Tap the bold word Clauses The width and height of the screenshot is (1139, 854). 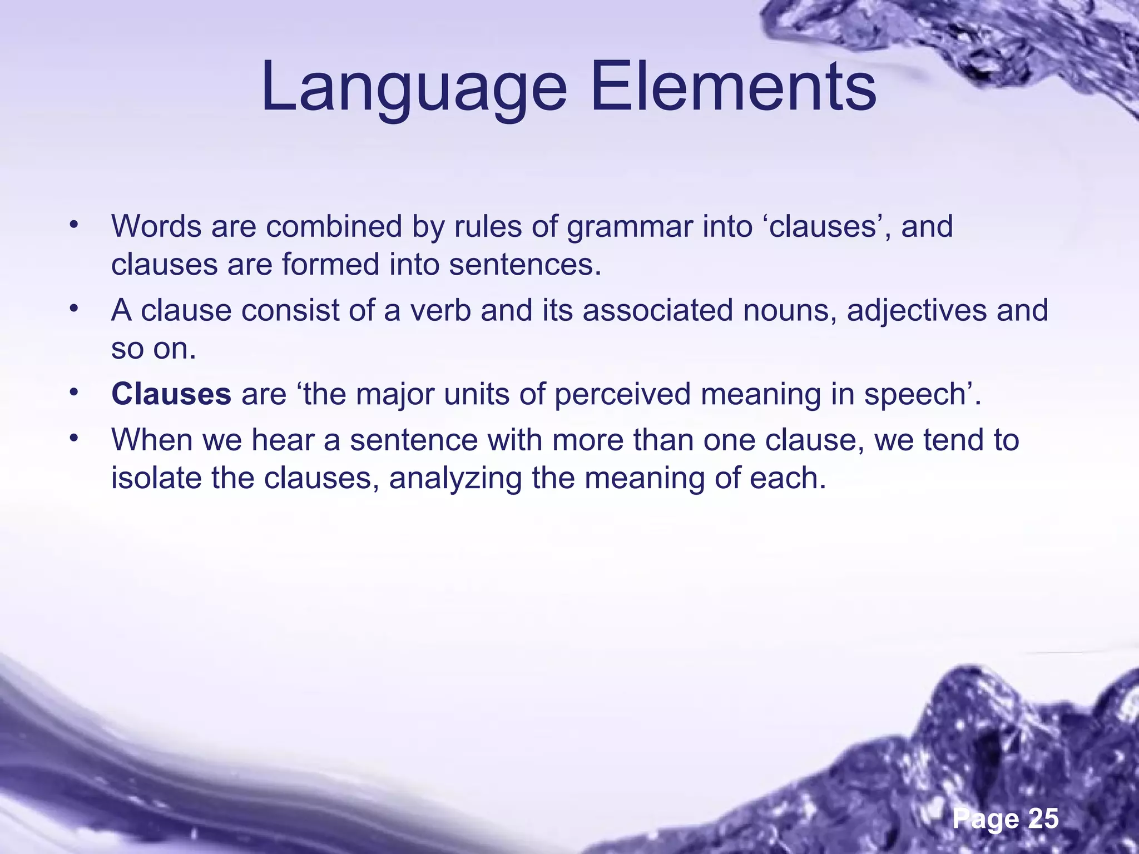click(x=171, y=394)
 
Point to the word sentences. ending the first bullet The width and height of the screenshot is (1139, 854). click(x=525, y=265)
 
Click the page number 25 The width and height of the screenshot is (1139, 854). click(x=1043, y=819)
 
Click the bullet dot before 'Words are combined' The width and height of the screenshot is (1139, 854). click(x=73, y=225)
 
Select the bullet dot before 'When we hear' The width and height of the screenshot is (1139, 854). click(x=73, y=439)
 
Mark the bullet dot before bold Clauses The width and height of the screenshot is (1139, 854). click(x=73, y=393)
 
